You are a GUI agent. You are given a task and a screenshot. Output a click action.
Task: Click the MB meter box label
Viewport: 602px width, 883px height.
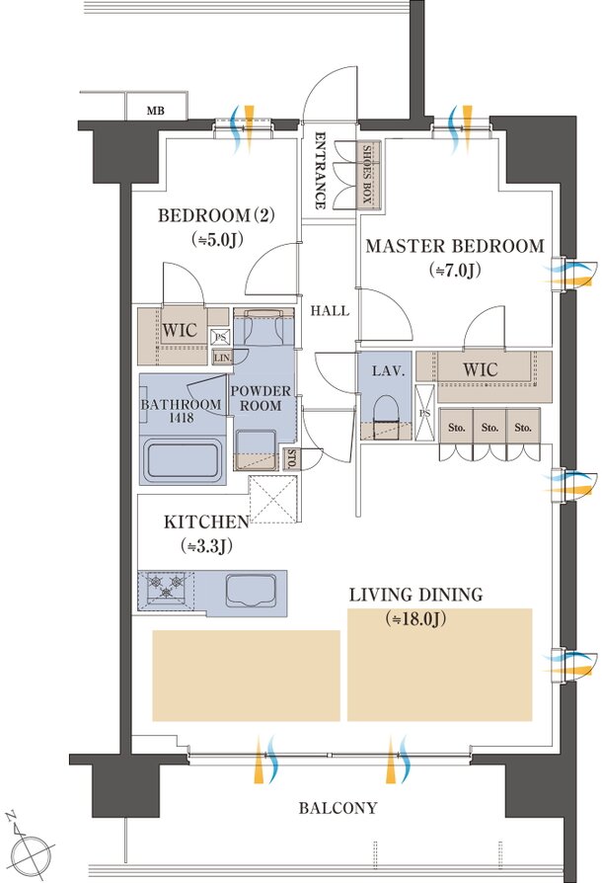click(x=156, y=111)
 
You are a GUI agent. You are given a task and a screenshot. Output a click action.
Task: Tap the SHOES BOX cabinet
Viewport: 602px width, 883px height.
click(x=368, y=175)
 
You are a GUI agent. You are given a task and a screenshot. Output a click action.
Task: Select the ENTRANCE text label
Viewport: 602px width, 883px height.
click(x=320, y=170)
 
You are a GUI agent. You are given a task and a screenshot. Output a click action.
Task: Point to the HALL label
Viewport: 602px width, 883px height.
click(x=330, y=310)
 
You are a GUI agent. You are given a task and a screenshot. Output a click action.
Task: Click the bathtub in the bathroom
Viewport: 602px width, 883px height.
click(x=182, y=460)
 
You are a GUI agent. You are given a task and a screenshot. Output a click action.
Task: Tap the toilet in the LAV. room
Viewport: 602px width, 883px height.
click(x=386, y=416)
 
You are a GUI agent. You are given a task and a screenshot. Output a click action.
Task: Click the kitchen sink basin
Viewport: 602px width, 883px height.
click(x=252, y=591)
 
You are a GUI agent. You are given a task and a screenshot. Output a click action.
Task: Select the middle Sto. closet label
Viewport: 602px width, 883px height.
click(x=489, y=428)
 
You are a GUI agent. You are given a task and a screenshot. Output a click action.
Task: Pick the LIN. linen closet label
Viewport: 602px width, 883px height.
click(x=222, y=357)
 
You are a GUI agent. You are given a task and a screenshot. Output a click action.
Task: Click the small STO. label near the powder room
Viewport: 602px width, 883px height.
click(x=291, y=459)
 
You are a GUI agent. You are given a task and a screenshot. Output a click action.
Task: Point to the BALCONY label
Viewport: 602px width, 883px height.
click(x=338, y=808)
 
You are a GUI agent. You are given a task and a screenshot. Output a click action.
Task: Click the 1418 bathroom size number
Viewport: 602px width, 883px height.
click(x=181, y=418)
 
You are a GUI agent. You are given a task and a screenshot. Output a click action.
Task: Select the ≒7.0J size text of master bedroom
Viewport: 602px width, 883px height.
click(x=455, y=271)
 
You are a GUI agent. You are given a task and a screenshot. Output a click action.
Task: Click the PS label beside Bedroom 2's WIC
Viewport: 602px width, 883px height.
click(x=220, y=338)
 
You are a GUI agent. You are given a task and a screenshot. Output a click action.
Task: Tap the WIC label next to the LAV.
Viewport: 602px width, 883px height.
click(x=480, y=370)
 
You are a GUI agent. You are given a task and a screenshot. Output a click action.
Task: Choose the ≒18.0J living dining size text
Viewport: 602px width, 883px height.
click(x=415, y=619)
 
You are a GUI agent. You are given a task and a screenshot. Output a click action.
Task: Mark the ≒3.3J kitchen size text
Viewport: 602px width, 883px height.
click(x=207, y=546)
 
